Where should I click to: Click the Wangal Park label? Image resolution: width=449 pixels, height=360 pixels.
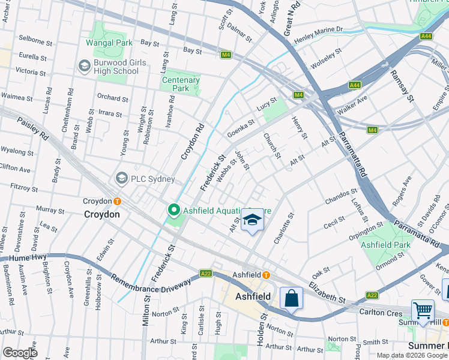point(109,43)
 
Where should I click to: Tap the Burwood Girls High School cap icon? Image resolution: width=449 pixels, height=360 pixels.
point(83,65)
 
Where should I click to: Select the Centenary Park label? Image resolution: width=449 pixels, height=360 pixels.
point(181,85)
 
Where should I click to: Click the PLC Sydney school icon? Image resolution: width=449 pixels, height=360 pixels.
point(122,179)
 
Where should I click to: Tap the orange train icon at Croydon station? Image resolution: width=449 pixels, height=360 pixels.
point(118,201)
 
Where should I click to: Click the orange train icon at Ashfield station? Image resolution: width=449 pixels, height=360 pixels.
point(265,275)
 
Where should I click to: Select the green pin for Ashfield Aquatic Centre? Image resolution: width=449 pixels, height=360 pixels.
point(174,210)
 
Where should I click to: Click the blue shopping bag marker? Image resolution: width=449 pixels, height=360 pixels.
point(291,298)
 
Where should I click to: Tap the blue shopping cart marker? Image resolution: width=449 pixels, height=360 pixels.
point(423,311)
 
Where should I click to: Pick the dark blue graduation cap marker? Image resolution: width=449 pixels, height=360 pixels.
point(253,220)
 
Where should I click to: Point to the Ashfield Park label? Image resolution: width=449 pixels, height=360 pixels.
point(385,245)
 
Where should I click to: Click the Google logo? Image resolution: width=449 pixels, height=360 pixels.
point(20,353)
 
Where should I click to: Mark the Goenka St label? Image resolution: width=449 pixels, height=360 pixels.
point(241,128)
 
